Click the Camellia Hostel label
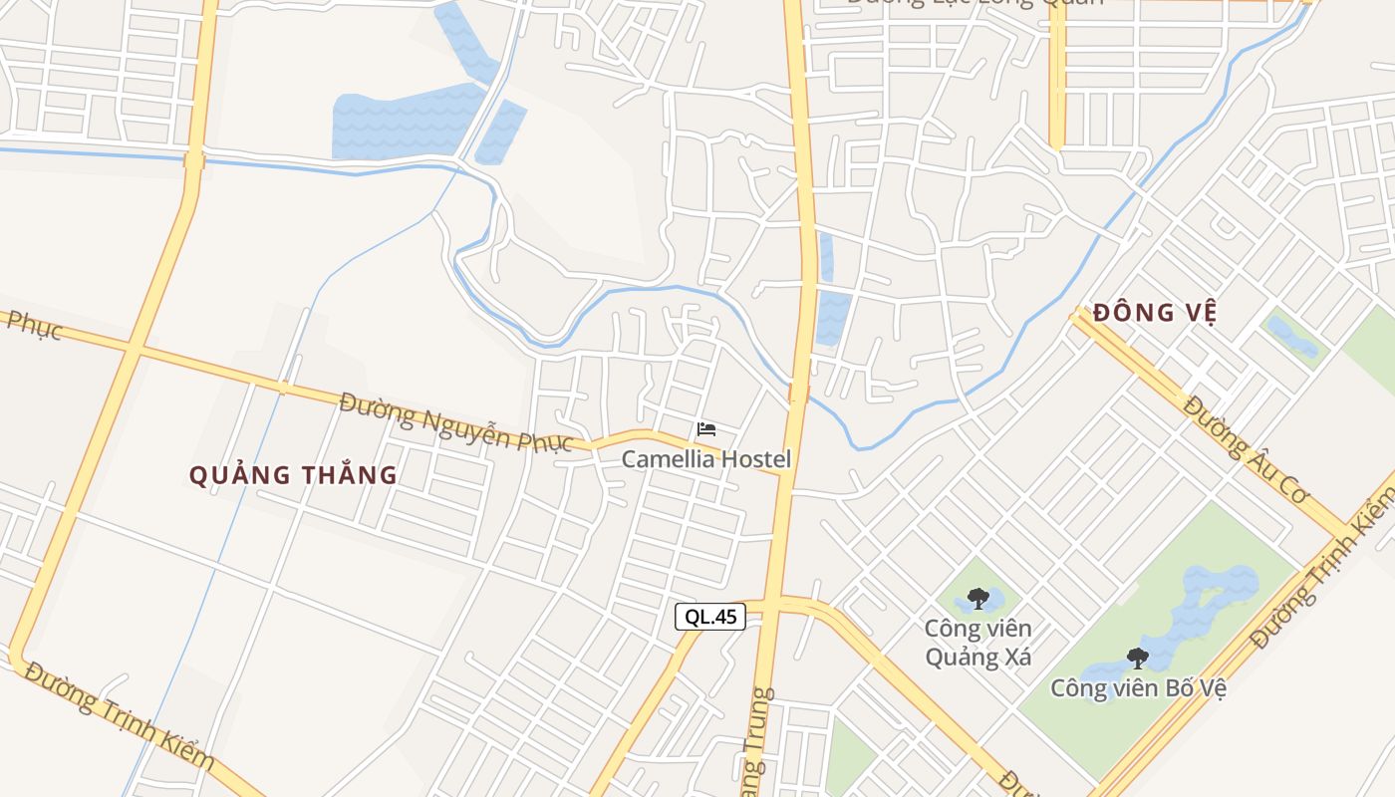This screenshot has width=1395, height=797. [x=706, y=459]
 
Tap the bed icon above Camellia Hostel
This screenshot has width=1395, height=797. [x=706, y=429]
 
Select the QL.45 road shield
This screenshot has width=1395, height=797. [x=710, y=617]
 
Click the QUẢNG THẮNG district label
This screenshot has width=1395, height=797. [x=294, y=475]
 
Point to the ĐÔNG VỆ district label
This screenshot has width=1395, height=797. [x=1155, y=313]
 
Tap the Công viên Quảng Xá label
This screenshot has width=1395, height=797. [x=977, y=643]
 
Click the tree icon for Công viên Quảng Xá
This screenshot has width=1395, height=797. [x=977, y=599]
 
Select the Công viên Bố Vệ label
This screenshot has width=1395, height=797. [x=1137, y=687]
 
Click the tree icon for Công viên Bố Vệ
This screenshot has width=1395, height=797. [x=1137, y=658]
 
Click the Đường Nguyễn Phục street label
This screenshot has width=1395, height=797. [x=456, y=421]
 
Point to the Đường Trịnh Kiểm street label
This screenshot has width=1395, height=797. [x=120, y=715]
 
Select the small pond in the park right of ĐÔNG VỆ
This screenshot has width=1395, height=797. [x=1292, y=337]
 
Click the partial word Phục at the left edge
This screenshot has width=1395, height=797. [x=32, y=325]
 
